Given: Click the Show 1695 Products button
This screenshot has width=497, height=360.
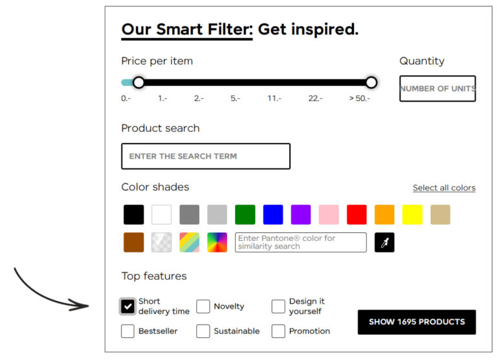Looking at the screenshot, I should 416,322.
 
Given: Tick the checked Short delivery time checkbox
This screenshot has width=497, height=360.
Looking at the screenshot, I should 128,306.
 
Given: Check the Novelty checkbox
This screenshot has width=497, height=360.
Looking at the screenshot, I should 203,306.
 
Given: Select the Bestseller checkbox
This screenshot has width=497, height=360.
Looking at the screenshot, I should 128,331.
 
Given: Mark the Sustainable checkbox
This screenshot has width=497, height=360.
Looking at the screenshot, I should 203,331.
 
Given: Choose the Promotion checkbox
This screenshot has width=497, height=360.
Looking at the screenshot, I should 278,331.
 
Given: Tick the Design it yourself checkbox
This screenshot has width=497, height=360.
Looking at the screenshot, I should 278,306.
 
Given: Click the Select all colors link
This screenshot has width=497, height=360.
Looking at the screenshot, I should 444,188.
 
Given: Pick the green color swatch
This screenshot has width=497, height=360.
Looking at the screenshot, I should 245,214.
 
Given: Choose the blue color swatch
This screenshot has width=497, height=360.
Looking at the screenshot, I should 273,214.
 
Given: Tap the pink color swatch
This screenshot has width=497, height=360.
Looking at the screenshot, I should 329,214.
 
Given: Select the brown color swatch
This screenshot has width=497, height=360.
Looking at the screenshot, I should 133,242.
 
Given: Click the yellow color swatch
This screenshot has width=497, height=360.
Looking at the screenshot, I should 412,214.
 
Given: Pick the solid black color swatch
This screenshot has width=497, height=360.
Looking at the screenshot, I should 133,214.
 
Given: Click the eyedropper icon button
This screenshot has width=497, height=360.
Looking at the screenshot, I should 384,242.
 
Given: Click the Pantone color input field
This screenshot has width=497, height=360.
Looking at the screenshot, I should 300,242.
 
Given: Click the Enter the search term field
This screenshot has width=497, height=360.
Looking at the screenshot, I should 205,156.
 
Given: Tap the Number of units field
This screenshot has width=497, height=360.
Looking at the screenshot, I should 437,89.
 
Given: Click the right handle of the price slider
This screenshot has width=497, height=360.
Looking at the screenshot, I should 371,82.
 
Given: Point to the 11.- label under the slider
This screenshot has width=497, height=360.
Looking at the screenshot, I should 274,98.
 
